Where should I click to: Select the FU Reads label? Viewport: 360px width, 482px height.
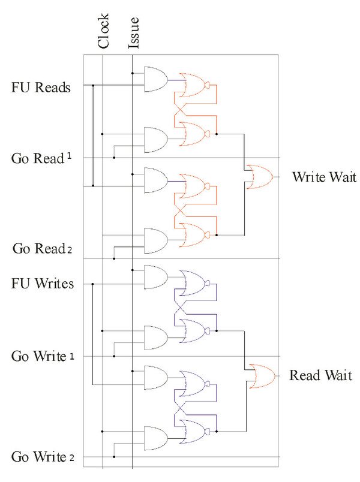pyautogui.click(x=41, y=88)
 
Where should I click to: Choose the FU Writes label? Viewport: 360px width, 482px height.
pyautogui.click(x=43, y=283)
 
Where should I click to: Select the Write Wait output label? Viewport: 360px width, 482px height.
pyautogui.click(x=324, y=177)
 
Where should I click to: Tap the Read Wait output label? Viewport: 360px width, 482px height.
pyautogui.click(x=320, y=376)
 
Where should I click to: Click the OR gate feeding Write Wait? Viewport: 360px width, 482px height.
pyautogui.click(x=260, y=177)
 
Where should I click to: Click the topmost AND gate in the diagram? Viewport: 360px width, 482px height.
pyautogui.click(x=155, y=80)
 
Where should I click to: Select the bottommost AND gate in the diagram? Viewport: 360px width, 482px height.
pyautogui.click(x=155, y=438)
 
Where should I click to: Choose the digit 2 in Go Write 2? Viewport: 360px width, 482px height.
pyautogui.click(x=71, y=459)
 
